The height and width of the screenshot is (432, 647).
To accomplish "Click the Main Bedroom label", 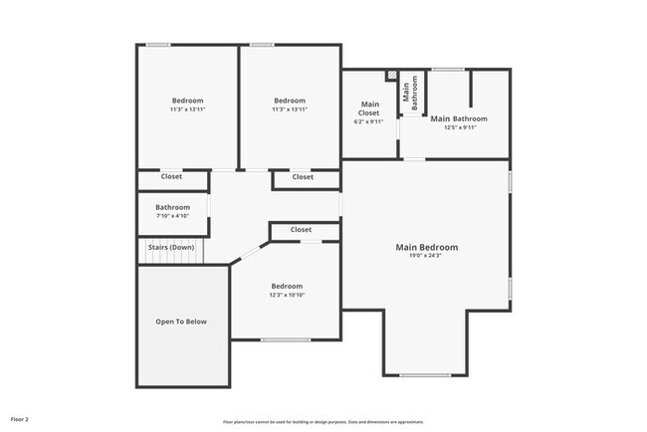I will pos(427,247).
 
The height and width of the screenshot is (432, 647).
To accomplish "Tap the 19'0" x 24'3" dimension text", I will pos(427,256).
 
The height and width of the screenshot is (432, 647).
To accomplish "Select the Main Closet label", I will pos(370,108).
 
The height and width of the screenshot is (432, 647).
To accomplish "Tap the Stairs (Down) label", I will pos(171,247).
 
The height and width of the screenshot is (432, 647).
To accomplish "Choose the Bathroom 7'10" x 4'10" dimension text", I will pos(172,216).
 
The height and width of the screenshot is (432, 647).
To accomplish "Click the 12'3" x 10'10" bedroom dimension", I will pos(287,295).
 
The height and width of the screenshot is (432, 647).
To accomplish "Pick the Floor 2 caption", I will pos(20,420).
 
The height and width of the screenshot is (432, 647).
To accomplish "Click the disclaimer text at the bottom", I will pos(323,421).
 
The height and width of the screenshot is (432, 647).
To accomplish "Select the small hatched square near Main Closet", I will pos(392,76).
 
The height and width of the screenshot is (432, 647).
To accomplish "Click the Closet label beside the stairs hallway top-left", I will pos(171,177).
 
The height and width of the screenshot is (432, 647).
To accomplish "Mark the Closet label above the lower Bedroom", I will pos(302,230).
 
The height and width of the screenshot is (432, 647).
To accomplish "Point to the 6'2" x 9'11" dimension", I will pos(370,122).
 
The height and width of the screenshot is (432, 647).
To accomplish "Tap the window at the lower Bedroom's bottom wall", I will pos(285,340).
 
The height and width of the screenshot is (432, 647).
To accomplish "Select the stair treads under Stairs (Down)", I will pos(169,258).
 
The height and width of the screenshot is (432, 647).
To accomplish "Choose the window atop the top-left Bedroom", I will pos(157,45).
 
